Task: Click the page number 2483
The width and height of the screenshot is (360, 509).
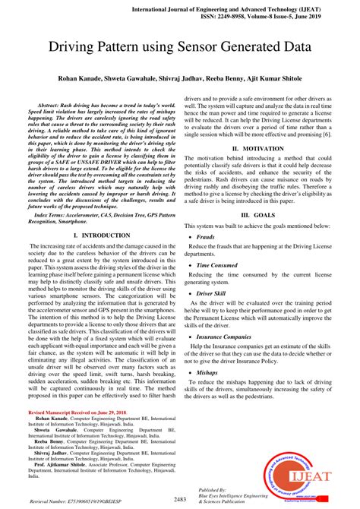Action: click(x=180, y=499)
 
